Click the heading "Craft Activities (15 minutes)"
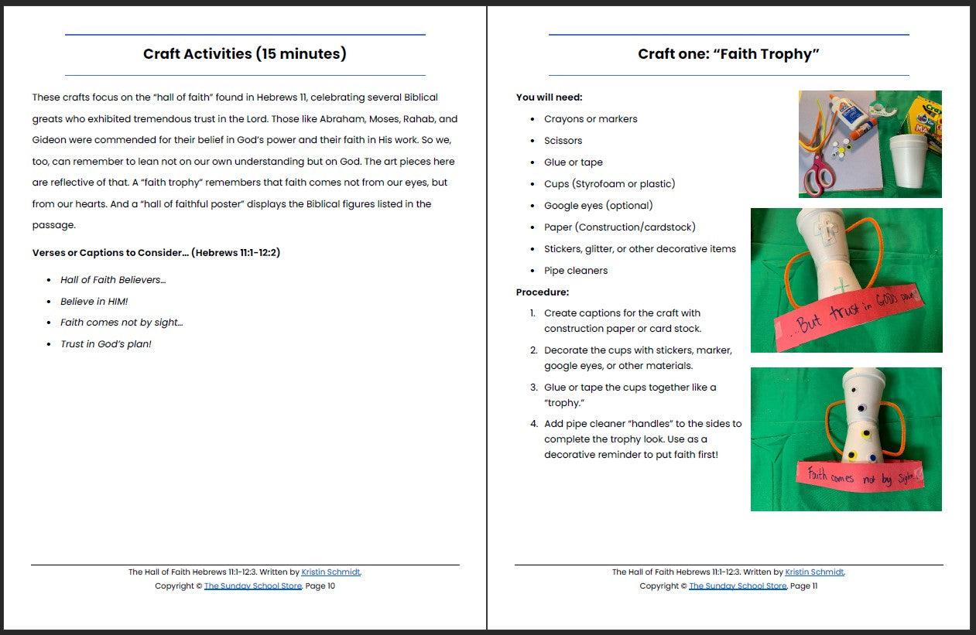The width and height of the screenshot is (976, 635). [x=245, y=54]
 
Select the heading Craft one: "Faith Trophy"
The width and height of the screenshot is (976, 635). [x=728, y=54]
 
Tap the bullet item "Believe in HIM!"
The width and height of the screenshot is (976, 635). [x=94, y=302]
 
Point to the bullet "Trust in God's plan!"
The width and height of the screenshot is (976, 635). [x=105, y=344]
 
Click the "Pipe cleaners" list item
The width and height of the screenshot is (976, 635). [x=575, y=271]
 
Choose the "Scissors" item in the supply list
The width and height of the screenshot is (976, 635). [x=563, y=141]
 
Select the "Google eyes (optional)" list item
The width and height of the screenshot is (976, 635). [x=598, y=206]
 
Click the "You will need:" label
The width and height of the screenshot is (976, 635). [x=549, y=97]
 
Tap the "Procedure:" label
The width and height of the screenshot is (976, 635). [x=542, y=292]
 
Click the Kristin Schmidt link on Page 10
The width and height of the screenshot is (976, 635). [x=330, y=572]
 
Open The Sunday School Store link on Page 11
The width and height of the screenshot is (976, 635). [x=737, y=586]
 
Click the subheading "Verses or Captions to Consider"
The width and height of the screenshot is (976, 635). [x=156, y=253]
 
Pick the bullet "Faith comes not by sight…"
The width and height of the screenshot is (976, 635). [x=122, y=323]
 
